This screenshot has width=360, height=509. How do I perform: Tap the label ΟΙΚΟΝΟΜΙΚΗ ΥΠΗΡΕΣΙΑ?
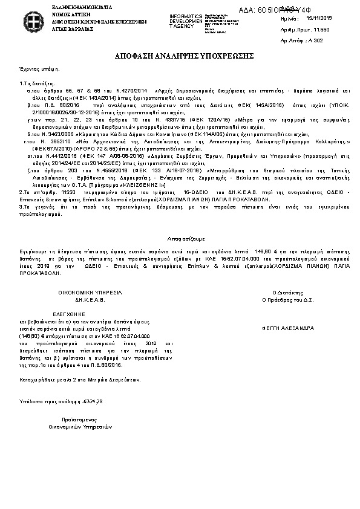[90, 291]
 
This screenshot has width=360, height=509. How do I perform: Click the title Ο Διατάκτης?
[286, 291]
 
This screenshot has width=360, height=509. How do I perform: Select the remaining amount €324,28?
[91, 401]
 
